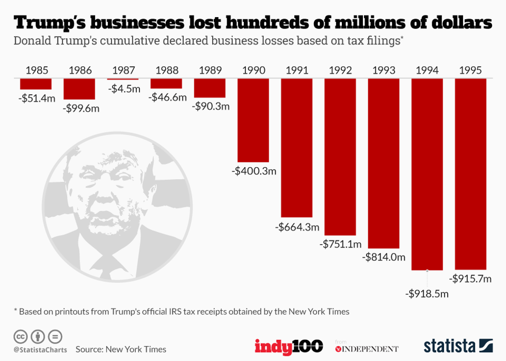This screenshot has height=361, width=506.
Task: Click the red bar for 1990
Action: [253, 120]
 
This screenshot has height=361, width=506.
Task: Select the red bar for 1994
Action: [427, 174]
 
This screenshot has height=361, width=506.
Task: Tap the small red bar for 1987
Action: [123, 79]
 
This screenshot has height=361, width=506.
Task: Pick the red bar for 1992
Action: [340, 157]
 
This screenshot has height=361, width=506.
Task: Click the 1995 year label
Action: [470, 70]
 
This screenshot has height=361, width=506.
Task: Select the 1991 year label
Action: [296, 70]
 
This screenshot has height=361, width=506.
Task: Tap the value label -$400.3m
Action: [254, 171]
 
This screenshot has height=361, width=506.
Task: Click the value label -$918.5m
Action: [426, 294]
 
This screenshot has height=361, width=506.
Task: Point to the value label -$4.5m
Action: [124, 88]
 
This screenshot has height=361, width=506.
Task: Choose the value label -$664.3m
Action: [297, 227]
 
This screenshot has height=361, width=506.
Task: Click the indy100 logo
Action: [289, 346]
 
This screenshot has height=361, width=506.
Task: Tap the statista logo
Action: [458, 346]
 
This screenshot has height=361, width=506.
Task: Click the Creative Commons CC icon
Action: [21, 337]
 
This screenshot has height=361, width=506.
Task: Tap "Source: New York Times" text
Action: [121, 350]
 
